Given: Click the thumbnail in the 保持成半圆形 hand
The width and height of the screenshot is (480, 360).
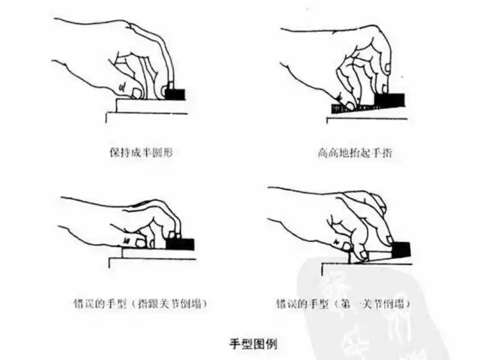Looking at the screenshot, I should click(x=122, y=89).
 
